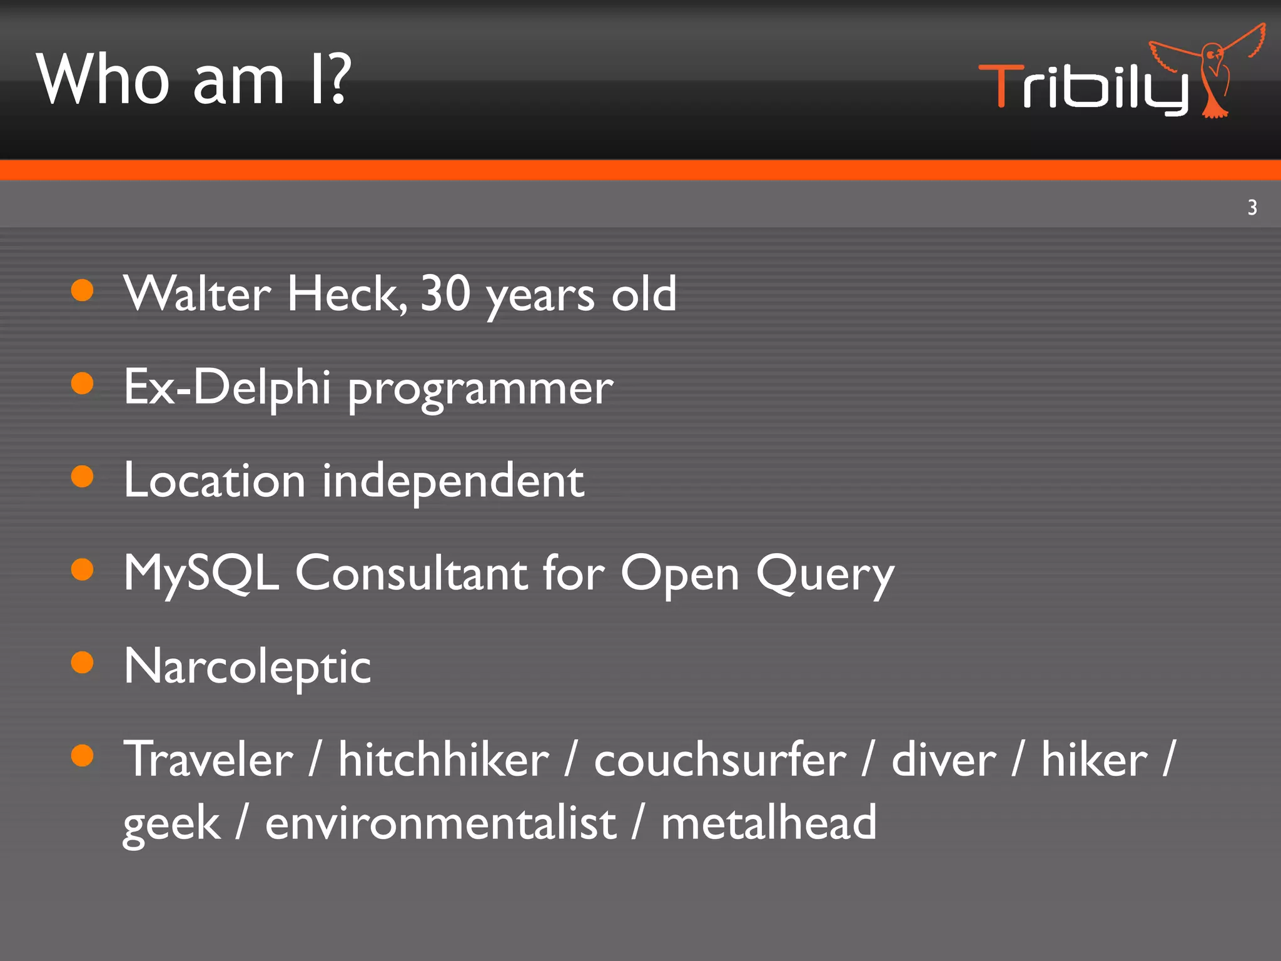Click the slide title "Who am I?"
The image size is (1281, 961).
click(194, 79)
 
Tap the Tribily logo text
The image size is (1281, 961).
click(1082, 88)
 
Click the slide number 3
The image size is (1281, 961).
click(1252, 207)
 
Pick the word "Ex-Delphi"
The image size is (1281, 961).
click(227, 387)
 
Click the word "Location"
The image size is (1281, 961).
click(215, 480)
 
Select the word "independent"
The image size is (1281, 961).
click(453, 482)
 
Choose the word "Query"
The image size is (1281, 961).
click(825, 574)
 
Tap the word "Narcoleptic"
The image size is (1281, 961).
click(247, 666)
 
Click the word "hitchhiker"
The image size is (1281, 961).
click(443, 759)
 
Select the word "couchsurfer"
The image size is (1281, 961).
click(720, 759)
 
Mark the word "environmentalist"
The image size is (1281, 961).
click(440, 823)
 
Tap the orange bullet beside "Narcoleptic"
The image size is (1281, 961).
click(82, 662)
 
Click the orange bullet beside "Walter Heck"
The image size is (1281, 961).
click(82, 290)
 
